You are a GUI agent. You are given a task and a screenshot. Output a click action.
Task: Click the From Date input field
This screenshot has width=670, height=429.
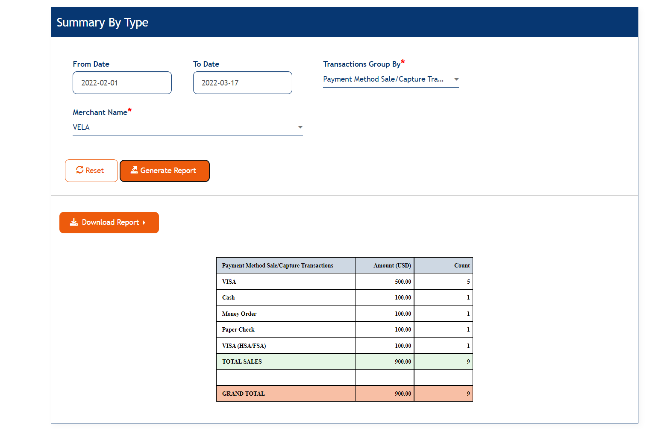122,83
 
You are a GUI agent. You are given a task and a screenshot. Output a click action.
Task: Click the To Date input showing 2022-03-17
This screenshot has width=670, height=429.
242,83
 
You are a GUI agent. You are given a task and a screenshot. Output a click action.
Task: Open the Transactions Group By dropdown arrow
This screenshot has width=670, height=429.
456,79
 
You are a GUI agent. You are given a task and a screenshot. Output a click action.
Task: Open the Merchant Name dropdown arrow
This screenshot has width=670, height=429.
300,127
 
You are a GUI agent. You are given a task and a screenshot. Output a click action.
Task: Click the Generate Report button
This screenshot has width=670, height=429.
165,171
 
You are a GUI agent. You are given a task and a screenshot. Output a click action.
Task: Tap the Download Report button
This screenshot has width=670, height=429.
109,223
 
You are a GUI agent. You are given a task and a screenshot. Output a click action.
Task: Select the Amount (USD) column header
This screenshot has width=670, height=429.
392,266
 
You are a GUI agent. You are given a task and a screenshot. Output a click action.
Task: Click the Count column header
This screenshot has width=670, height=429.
461,266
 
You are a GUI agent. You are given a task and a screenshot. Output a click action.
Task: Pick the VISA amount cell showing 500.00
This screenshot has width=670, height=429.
403,282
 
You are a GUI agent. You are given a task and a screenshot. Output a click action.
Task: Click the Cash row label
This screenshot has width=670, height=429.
229,298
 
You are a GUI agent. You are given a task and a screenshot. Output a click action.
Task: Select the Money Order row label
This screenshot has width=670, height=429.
239,314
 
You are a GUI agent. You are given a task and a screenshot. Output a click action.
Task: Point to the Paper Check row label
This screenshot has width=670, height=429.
238,330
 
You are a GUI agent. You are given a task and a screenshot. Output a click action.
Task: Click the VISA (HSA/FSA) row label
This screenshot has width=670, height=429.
244,346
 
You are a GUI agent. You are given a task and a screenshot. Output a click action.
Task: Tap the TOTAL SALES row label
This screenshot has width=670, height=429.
242,362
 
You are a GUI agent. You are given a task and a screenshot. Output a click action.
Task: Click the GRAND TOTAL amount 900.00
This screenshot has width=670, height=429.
403,394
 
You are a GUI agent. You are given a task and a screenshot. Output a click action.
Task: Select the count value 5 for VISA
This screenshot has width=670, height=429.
468,282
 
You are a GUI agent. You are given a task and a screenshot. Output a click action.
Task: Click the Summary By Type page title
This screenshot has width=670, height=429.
103,23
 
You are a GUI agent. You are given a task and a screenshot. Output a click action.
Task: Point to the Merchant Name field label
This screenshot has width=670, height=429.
100,112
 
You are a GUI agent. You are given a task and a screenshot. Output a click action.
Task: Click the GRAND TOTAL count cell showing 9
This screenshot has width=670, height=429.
468,394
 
